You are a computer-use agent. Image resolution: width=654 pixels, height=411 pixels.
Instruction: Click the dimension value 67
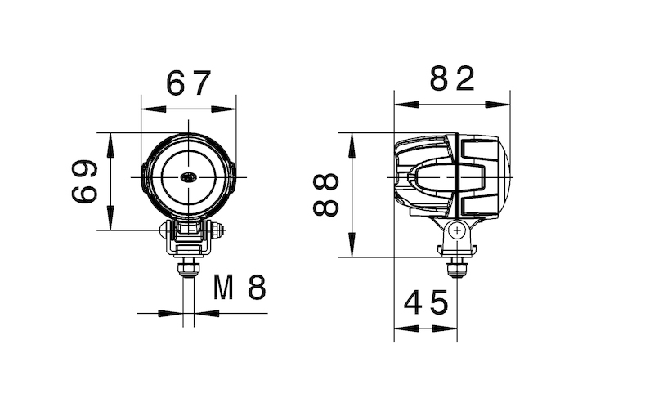tap(189, 83)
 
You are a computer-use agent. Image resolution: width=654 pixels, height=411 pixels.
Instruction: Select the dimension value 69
tap(84, 181)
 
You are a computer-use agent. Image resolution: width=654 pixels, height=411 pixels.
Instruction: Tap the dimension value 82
tap(452, 79)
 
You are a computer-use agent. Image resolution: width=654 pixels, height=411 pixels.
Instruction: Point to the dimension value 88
tap(326, 194)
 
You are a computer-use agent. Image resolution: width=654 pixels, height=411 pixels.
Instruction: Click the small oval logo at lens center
tap(189, 177)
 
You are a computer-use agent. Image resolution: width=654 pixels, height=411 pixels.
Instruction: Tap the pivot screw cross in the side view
tap(456, 231)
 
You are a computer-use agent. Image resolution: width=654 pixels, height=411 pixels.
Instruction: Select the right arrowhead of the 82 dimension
tap(505, 104)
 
